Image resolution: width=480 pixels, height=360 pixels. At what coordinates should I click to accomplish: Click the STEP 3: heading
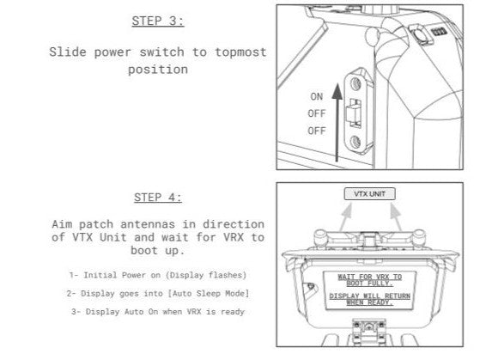158,21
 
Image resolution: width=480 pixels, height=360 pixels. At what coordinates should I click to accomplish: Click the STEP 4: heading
158,198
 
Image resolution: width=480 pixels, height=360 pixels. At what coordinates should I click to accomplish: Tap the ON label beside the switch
317,97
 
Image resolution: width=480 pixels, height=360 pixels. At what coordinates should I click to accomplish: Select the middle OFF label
317,113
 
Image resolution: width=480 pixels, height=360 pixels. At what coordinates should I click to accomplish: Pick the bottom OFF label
317,131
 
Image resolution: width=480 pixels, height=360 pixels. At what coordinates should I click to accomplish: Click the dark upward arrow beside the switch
337,122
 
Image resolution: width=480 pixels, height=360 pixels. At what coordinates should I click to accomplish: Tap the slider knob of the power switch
353,113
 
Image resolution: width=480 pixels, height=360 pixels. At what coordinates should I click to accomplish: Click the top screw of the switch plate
355,83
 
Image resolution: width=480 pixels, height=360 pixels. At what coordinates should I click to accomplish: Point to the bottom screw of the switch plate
355,142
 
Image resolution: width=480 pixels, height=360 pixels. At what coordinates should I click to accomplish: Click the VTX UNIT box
369,194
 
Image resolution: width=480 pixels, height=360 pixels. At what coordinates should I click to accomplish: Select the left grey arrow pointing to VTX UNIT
345,217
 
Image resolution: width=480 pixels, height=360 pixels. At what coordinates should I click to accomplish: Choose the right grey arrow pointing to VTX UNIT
396,217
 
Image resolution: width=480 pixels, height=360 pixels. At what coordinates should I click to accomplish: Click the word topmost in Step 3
240,52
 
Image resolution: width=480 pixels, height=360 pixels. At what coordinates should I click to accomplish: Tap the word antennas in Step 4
148,224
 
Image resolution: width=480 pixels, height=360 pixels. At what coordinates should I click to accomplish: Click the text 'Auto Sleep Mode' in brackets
208,294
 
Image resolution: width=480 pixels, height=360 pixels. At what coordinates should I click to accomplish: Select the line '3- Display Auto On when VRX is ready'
158,312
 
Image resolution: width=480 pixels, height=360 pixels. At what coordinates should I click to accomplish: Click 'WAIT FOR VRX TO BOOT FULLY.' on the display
369,280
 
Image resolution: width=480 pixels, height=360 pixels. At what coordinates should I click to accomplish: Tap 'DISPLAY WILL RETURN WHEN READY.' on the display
369,299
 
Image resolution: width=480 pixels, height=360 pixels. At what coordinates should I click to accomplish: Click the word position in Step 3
158,70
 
